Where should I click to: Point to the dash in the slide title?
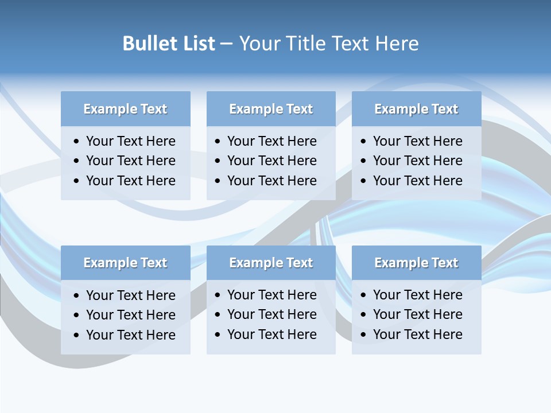pos(226,44)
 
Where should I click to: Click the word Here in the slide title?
pos(397,44)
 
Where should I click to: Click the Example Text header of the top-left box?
pos(125,109)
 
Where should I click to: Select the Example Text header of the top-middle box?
pos(271,109)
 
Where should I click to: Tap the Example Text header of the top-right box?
pos(416,109)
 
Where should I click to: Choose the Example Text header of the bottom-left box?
pos(125,263)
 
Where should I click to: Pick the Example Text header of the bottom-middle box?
pos(271,263)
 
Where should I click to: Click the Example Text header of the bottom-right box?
pos(416,263)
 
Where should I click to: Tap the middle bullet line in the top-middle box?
pos(271,161)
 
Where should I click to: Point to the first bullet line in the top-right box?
pos(417,141)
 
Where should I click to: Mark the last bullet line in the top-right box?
pos(417,181)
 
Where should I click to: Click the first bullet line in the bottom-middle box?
pos(271,295)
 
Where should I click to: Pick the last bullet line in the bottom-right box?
pos(417,334)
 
